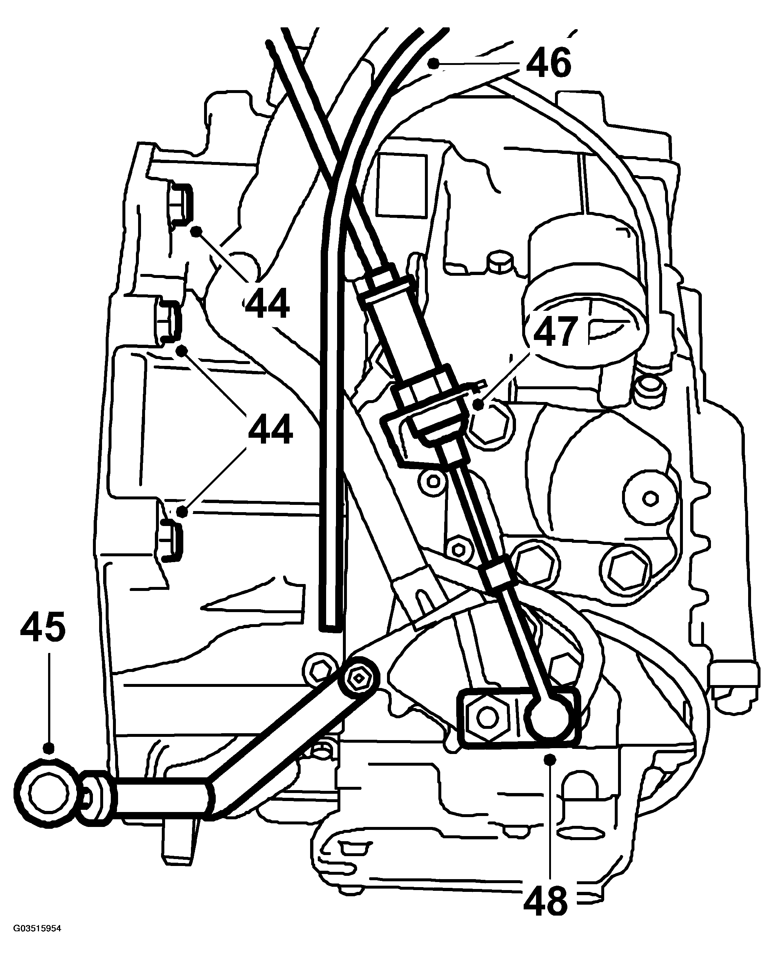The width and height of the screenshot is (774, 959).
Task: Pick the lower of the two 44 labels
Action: click(x=270, y=428)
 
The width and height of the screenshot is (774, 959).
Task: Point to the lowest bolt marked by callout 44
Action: click(x=169, y=541)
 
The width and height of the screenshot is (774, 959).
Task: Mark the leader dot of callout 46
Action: click(x=433, y=64)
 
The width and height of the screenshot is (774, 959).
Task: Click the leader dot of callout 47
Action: click(x=478, y=405)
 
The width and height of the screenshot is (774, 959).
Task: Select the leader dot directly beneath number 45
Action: click(x=49, y=748)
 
